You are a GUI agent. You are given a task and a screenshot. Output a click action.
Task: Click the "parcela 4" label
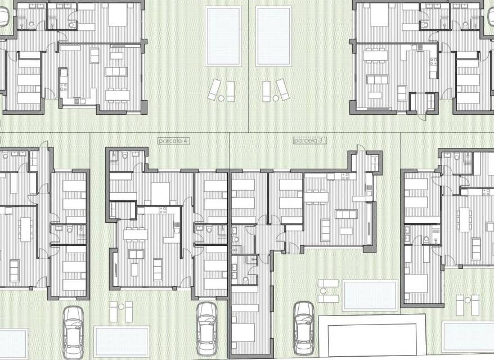[x=174, y=141]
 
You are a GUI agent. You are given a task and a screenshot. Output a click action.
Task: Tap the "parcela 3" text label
[x=309, y=141]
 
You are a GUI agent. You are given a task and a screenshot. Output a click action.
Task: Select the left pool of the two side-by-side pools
[x=223, y=36]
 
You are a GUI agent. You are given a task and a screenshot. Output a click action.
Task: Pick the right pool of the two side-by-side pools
[x=273, y=36]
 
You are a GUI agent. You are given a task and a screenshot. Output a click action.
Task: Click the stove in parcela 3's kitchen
[x=345, y=177]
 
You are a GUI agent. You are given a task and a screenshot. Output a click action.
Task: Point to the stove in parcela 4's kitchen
[x=163, y=210]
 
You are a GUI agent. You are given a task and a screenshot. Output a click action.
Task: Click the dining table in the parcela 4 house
[x=136, y=234]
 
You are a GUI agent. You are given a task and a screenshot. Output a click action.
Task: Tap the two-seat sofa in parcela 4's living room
[x=158, y=269]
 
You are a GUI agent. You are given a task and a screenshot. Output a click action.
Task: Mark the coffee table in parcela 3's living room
[x=346, y=231]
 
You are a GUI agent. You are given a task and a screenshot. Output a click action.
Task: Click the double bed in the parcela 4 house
[x=160, y=193]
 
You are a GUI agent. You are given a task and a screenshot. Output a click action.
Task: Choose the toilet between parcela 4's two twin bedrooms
[x=209, y=229]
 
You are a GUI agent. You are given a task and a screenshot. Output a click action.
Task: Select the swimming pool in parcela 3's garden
[x=370, y=295]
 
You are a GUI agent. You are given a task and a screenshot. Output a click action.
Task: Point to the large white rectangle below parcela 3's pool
[x=372, y=335]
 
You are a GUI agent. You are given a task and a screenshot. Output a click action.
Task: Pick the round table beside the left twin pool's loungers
[x=221, y=98]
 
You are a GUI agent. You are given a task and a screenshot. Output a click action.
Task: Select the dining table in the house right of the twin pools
[x=375, y=56]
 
